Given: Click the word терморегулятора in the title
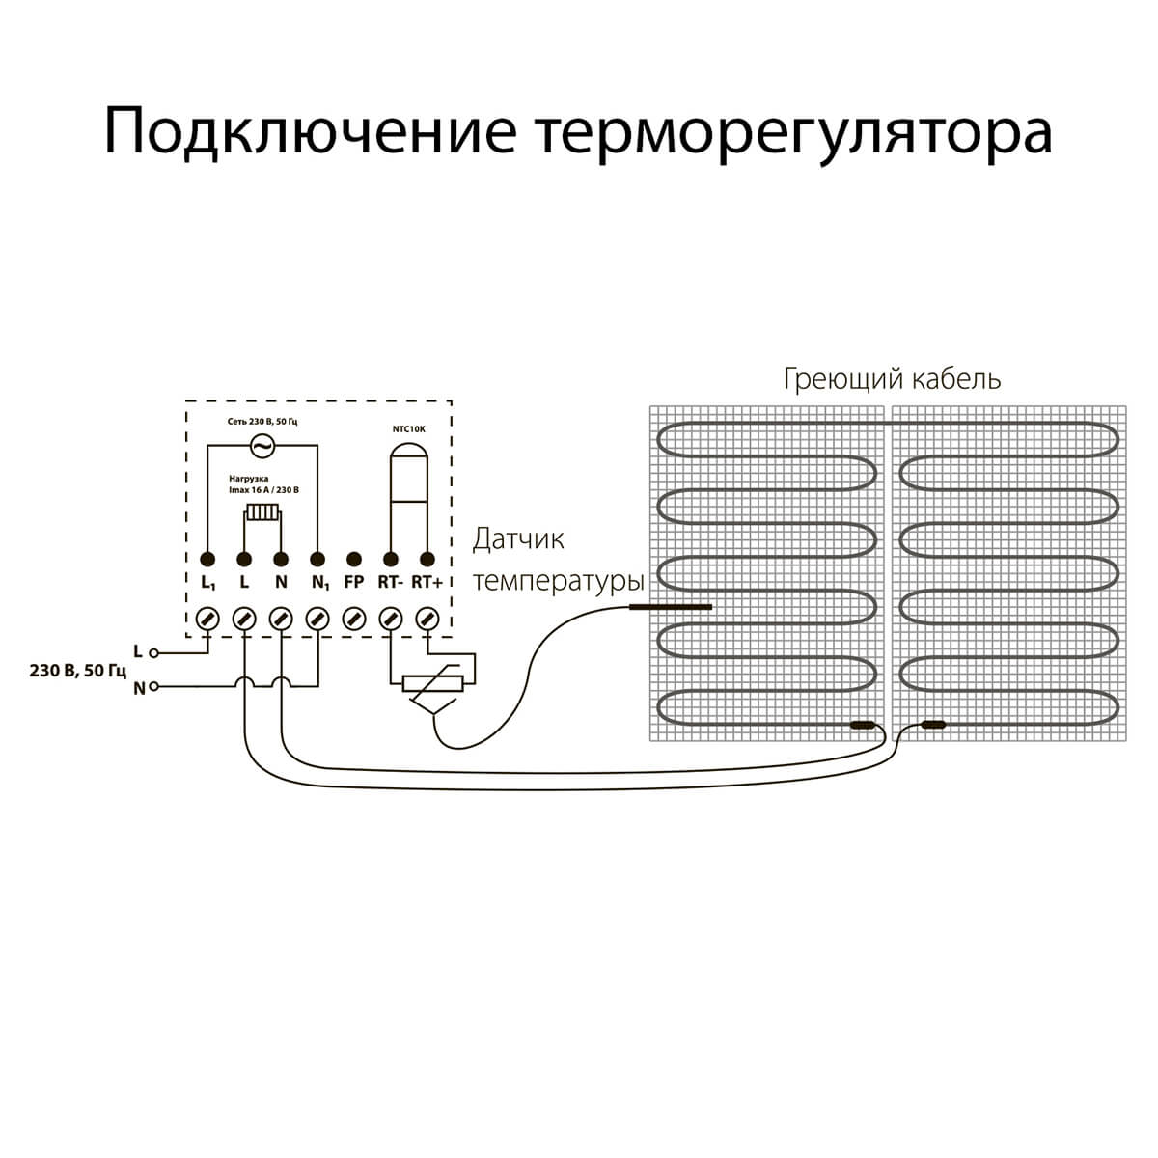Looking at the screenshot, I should point(792,132).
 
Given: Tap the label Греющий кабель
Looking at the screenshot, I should point(892,379).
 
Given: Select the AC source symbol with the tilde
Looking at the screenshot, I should point(261,445).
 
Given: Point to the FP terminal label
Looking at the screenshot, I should point(354,583).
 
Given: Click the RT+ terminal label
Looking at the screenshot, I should point(427,583).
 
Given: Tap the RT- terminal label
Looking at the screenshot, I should point(390,583).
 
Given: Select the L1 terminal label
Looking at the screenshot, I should point(208,584).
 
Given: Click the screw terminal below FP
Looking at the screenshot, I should point(354,618).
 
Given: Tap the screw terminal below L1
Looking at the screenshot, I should point(207,618).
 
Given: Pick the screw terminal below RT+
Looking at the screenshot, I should point(427,618).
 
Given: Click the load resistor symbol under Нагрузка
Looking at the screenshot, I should point(262,512).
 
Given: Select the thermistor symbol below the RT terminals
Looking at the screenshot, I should point(433,684).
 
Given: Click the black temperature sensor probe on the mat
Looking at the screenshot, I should point(670,607).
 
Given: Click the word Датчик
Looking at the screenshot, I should point(517,539).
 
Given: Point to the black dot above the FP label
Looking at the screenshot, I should point(354,559).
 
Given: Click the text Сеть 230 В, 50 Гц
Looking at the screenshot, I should point(262,422).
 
